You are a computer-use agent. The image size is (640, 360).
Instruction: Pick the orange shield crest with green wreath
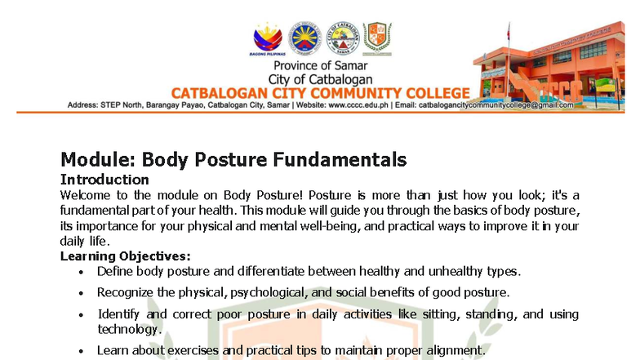pos(376,37)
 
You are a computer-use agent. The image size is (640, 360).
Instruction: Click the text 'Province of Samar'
pos(320,65)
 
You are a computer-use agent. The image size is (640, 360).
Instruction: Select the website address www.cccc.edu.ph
pos(358,105)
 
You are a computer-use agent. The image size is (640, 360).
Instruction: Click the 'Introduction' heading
pos(104,179)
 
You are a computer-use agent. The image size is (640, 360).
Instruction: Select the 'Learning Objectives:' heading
pos(126,256)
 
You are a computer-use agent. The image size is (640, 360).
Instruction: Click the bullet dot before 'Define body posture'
pos(80,272)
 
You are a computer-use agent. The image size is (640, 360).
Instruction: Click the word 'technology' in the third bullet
pos(127,329)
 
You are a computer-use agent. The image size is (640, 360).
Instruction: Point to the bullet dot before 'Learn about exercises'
pos(80,351)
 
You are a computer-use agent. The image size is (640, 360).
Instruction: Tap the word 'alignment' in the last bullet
pos(452,350)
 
